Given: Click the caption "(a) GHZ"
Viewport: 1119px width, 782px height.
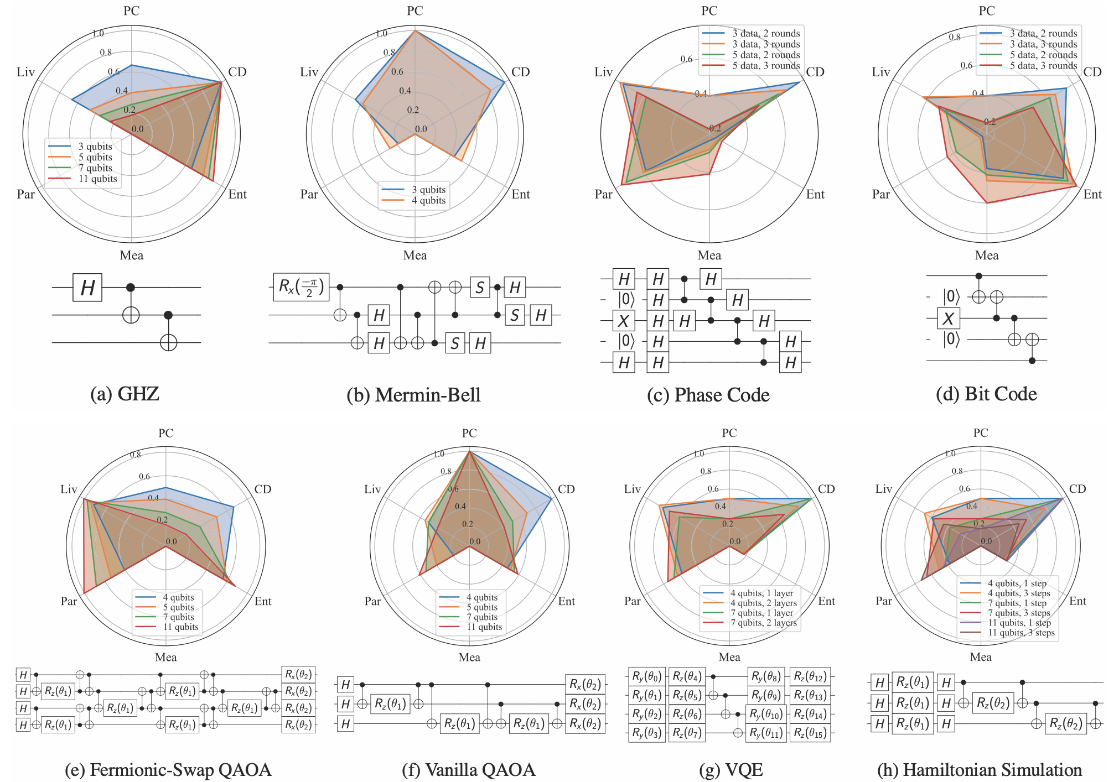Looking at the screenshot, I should tap(125, 394).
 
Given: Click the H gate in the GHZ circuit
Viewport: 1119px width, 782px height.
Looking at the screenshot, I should tap(87, 288).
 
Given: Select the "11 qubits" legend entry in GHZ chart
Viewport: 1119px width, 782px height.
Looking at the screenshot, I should tap(97, 179).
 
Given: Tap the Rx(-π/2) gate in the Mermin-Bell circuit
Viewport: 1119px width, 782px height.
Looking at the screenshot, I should tap(301, 287).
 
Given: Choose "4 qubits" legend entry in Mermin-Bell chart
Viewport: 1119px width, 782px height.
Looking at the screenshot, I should tap(428, 200).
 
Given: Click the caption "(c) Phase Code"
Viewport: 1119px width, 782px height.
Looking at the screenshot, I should tap(708, 395).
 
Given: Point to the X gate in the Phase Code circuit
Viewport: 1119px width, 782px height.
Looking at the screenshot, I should tap(624, 321).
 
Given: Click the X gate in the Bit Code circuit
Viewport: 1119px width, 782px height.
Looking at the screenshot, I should tap(949, 319).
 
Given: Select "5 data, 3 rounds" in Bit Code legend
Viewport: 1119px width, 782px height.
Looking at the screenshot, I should tap(1043, 65).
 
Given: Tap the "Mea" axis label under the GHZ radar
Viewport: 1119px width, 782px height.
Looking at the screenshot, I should tap(131, 256).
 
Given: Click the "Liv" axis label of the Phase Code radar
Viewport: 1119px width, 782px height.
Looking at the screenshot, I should tap(603, 72).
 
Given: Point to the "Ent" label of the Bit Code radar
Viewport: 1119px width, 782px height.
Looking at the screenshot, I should tap(1092, 194).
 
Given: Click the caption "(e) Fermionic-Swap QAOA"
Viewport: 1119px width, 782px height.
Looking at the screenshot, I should tap(168, 770).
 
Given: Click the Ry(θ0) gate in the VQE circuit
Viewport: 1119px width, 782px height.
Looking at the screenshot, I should tap(647, 676).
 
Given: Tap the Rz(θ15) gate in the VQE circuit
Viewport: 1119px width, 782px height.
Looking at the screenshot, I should tap(810, 733).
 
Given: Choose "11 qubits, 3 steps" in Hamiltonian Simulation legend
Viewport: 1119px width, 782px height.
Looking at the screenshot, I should tap(1021, 633).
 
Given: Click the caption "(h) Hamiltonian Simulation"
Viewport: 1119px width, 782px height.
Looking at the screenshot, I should tap(980, 770).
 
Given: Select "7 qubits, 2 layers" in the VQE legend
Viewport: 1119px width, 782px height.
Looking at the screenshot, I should tap(763, 623).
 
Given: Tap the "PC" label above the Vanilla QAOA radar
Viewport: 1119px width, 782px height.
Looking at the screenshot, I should tap(469, 433).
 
